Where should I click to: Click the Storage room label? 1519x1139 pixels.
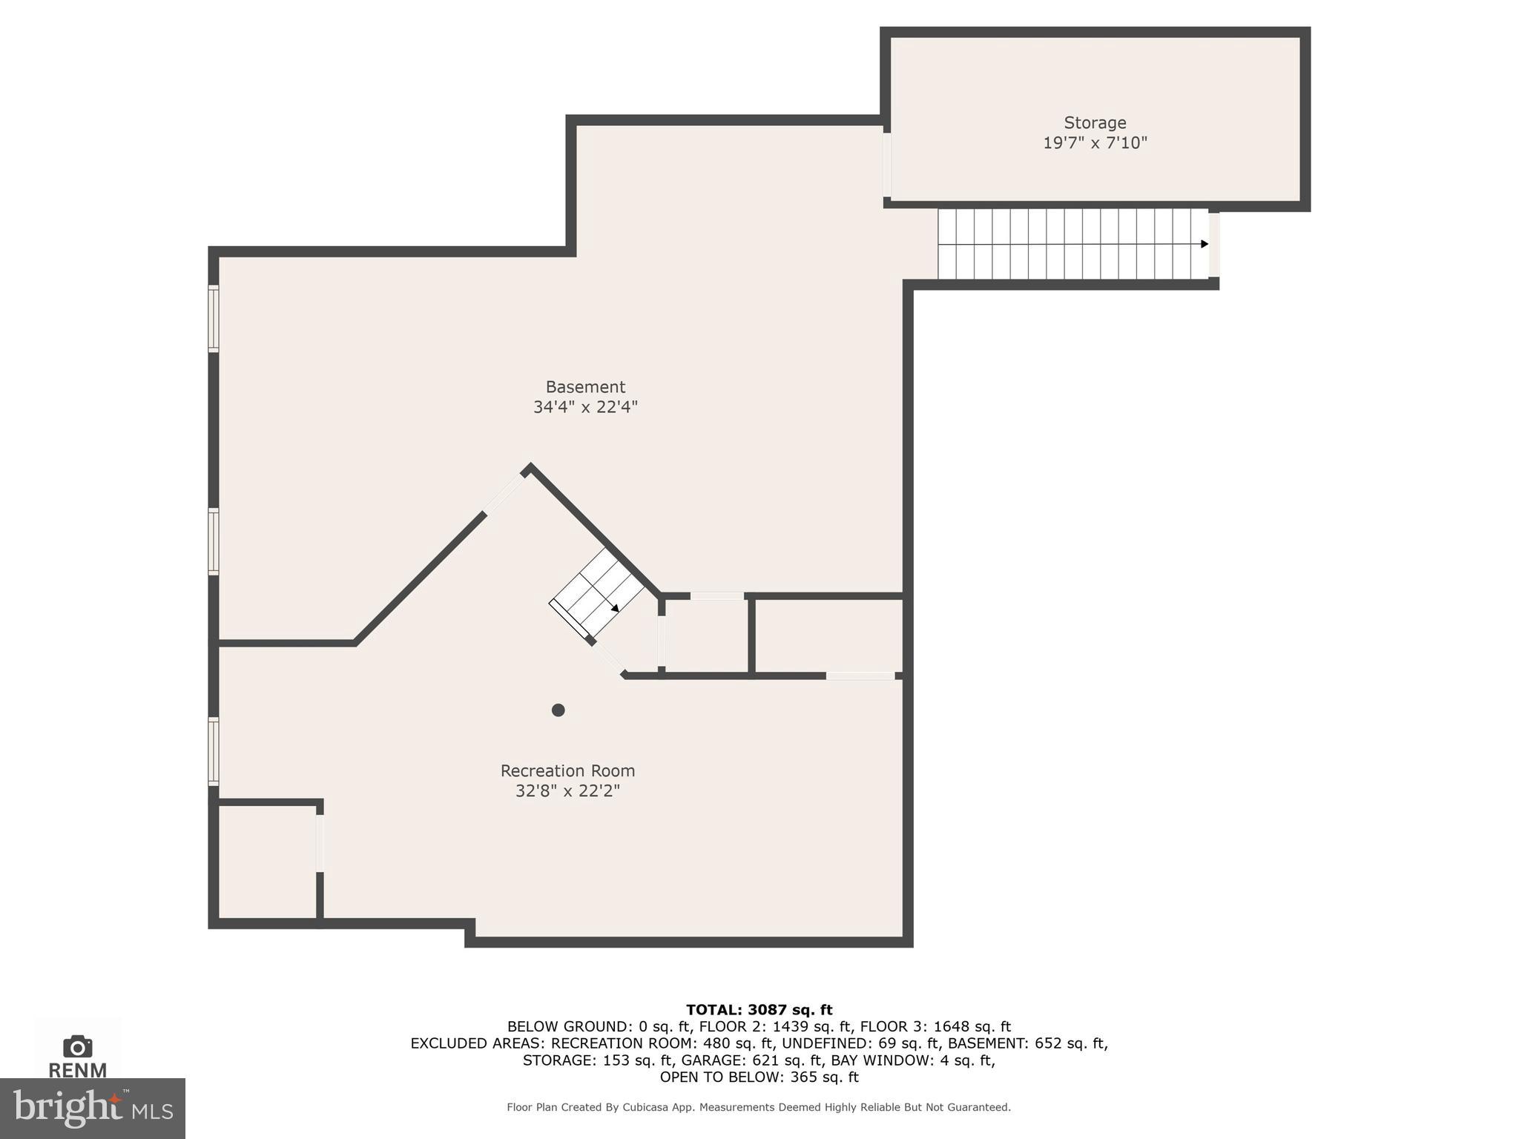point(1094,123)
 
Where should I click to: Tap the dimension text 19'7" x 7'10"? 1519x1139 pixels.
point(1094,143)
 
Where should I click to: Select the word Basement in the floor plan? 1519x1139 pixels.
point(585,387)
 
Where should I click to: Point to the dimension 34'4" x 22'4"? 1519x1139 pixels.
point(585,407)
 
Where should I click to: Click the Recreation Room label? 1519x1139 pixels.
point(567,771)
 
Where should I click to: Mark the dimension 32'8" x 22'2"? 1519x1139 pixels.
point(567,791)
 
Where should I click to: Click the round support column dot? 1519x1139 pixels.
point(558,710)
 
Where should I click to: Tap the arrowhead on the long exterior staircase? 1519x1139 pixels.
point(1204,244)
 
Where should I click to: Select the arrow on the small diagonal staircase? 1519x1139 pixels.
point(615,608)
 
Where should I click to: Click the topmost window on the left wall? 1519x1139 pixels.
point(214,318)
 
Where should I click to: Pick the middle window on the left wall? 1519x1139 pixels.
point(214,541)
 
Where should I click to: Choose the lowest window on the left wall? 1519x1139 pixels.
point(214,751)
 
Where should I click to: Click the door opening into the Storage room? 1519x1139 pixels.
point(886,165)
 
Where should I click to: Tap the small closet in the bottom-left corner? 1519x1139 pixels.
point(268,862)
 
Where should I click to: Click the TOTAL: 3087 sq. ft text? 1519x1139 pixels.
point(759,1010)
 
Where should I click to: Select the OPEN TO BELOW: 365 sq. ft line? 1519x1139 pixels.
point(759,1077)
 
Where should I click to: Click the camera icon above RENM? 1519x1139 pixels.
point(78,1046)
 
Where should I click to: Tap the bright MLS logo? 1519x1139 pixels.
point(92,1109)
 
